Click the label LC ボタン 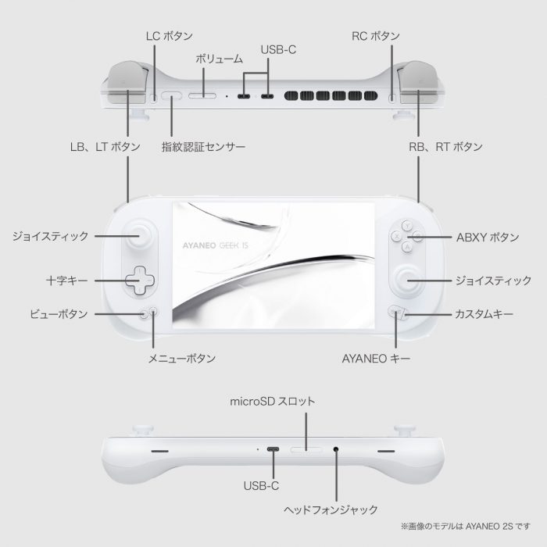(170, 36)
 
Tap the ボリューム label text (219, 59)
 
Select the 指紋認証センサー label (203, 147)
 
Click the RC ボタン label (375, 36)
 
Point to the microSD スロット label (273, 402)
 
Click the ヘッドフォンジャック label (331, 510)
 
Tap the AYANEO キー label (376, 359)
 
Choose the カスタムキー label (484, 314)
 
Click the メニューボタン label (182, 359)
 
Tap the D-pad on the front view (140, 281)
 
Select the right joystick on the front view (406, 280)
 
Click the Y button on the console (407, 225)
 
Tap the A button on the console (407, 247)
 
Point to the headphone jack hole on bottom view (336, 449)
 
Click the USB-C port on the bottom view (273, 449)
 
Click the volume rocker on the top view (202, 96)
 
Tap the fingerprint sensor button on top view (172, 96)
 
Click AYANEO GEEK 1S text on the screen (215, 245)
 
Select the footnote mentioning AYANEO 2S (466, 526)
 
